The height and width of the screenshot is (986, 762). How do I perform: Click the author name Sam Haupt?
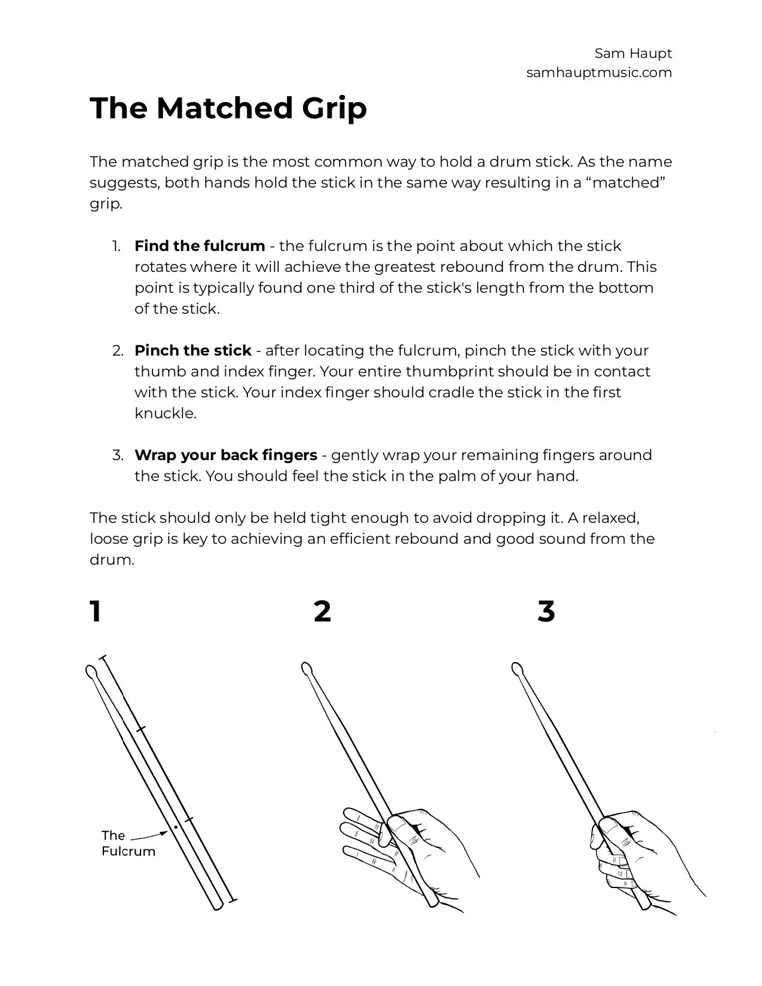633,54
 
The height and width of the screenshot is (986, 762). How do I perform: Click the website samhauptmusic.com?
599,73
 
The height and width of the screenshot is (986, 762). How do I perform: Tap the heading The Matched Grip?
228,108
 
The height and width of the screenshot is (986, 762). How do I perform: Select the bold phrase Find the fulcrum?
200,246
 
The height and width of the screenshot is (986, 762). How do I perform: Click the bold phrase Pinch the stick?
192,351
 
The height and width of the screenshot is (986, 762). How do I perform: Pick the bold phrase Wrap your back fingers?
225,455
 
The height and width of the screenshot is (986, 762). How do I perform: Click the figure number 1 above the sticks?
96,612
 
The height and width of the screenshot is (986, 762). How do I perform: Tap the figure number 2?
322,612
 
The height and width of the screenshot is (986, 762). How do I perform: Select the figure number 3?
546,612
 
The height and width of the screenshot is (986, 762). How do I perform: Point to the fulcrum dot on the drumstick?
176,828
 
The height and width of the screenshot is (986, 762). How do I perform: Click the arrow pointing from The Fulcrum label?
149,836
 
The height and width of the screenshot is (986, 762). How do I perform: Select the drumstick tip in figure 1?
91,672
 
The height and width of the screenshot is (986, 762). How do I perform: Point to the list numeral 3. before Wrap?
118,455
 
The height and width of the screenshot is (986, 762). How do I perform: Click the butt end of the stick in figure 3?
645,904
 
